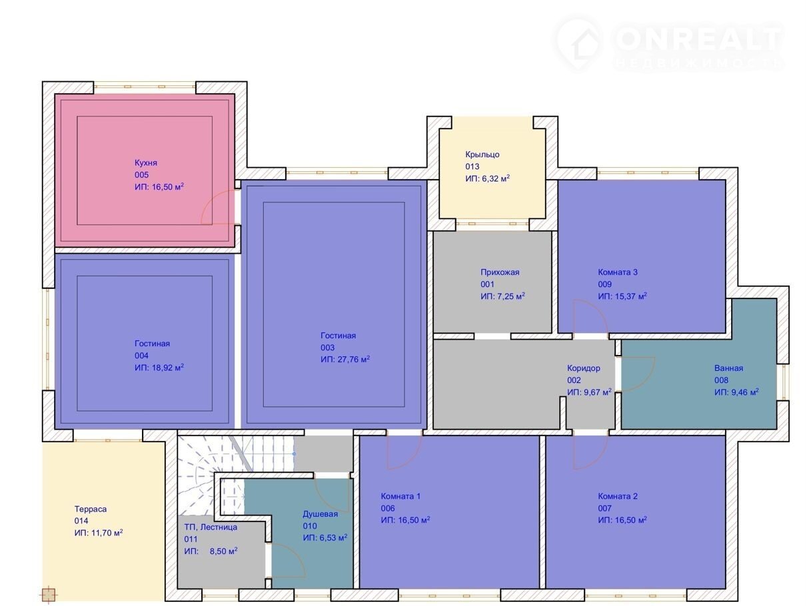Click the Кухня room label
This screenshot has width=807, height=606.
click(x=145, y=162)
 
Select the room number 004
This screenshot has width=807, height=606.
click(x=141, y=356)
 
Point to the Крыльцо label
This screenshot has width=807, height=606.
click(x=482, y=154)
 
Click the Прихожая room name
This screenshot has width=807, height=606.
click(x=500, y=272)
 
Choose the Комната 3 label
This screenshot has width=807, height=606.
click(x=618, y=272)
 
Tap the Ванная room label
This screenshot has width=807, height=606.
click(x=728, y=368)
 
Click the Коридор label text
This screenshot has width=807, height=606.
click(x=584, y=368)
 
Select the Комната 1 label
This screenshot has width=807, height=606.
click(x=401, y=496)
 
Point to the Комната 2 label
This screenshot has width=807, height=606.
click(x=618, y=496)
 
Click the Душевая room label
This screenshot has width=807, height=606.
click(x=321, y=514)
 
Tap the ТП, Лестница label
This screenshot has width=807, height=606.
click(x=211, y=527)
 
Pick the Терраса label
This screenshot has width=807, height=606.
click(x=91, y=509)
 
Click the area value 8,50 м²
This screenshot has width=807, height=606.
click(x=223, y=551)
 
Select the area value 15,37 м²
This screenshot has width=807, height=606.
click(x=631, y=296)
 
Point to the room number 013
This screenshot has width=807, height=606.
click(x=472, y=166)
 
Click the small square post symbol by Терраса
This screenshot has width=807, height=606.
click(x=48, y=594)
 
